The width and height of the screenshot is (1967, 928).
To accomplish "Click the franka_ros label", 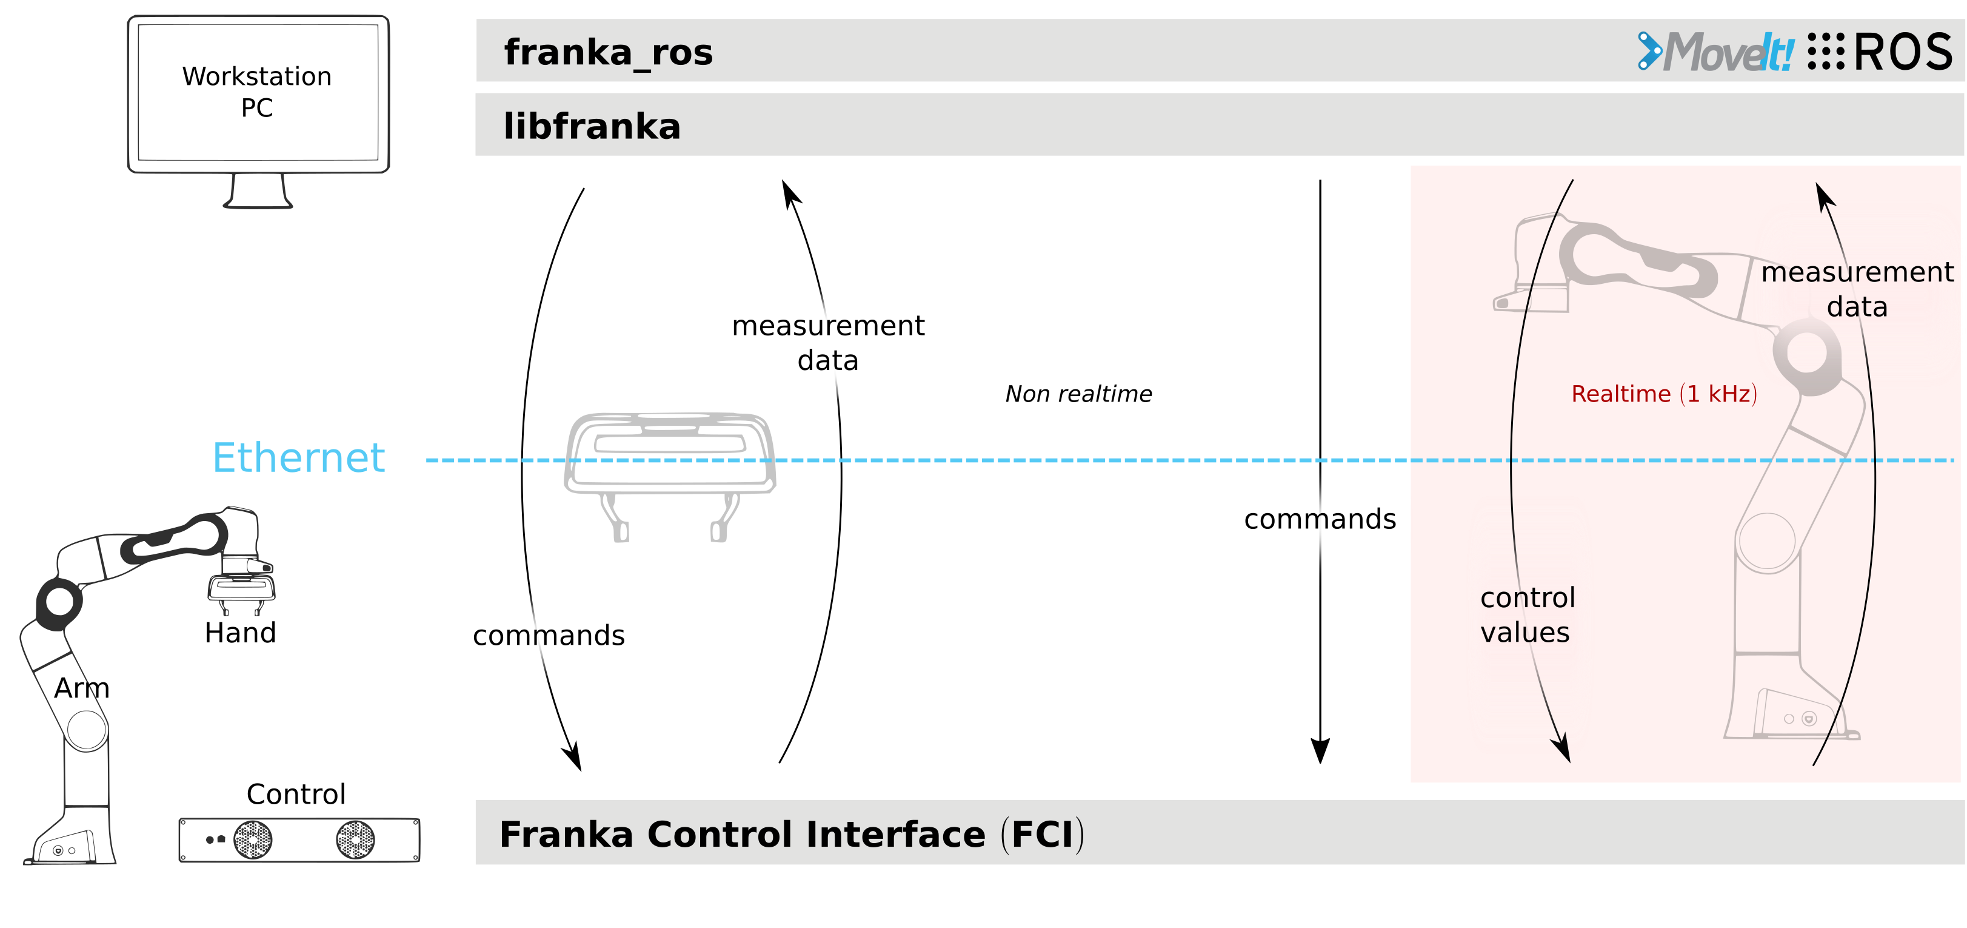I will (x=608, y=52).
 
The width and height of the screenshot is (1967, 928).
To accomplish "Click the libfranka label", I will (x=592, y=126).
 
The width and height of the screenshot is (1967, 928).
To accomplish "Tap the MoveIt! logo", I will (x=1715, y=52).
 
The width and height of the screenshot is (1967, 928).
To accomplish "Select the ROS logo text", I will (x=1903, y=52).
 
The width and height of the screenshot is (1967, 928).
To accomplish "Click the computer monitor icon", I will (x=258, y=95).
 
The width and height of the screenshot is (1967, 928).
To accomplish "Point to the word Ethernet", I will (x=299, y=459).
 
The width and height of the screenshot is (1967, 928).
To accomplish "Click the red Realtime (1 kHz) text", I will (x=1664, y=394).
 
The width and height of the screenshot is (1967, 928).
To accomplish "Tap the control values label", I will (x=1526, y=615).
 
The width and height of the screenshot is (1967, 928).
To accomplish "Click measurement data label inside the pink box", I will (x=1857, y=289).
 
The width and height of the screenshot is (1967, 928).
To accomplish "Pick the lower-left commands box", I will (x=576, y=636).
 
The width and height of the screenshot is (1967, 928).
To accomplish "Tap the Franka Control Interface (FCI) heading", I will (x=791, y=833).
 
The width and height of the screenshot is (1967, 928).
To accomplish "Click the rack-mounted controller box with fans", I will (x=299, y=839).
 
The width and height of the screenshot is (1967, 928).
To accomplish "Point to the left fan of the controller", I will (x=253, y=839).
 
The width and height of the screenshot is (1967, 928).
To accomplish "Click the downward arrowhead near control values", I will (x=1563, y=748).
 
